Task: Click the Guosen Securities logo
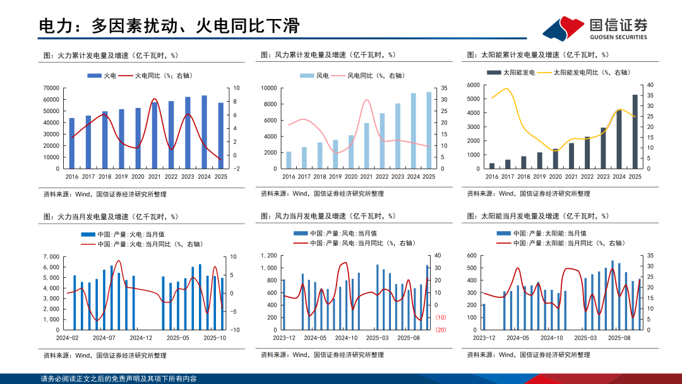(595, 28)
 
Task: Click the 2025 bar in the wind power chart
(429, 131)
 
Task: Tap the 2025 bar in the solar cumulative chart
(635, 132)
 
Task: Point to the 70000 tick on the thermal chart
(51, 88)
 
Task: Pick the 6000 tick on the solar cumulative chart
(474, 85)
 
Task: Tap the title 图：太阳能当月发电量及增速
(537, 216)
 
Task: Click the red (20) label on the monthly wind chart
(441, 329)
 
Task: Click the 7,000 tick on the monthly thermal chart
(51, 257)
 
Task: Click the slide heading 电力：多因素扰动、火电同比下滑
(169, 26)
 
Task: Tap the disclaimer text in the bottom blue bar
(118, 379)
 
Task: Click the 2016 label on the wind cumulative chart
(289, 177)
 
